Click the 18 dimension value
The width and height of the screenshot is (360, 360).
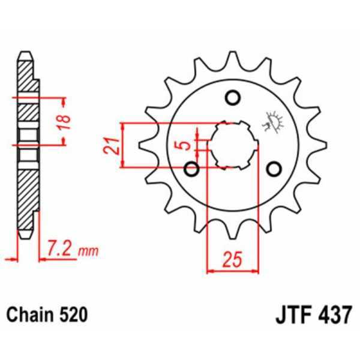[68, 120]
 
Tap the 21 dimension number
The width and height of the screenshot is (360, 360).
[109, 145]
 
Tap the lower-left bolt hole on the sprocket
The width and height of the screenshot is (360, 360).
[192, 169]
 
